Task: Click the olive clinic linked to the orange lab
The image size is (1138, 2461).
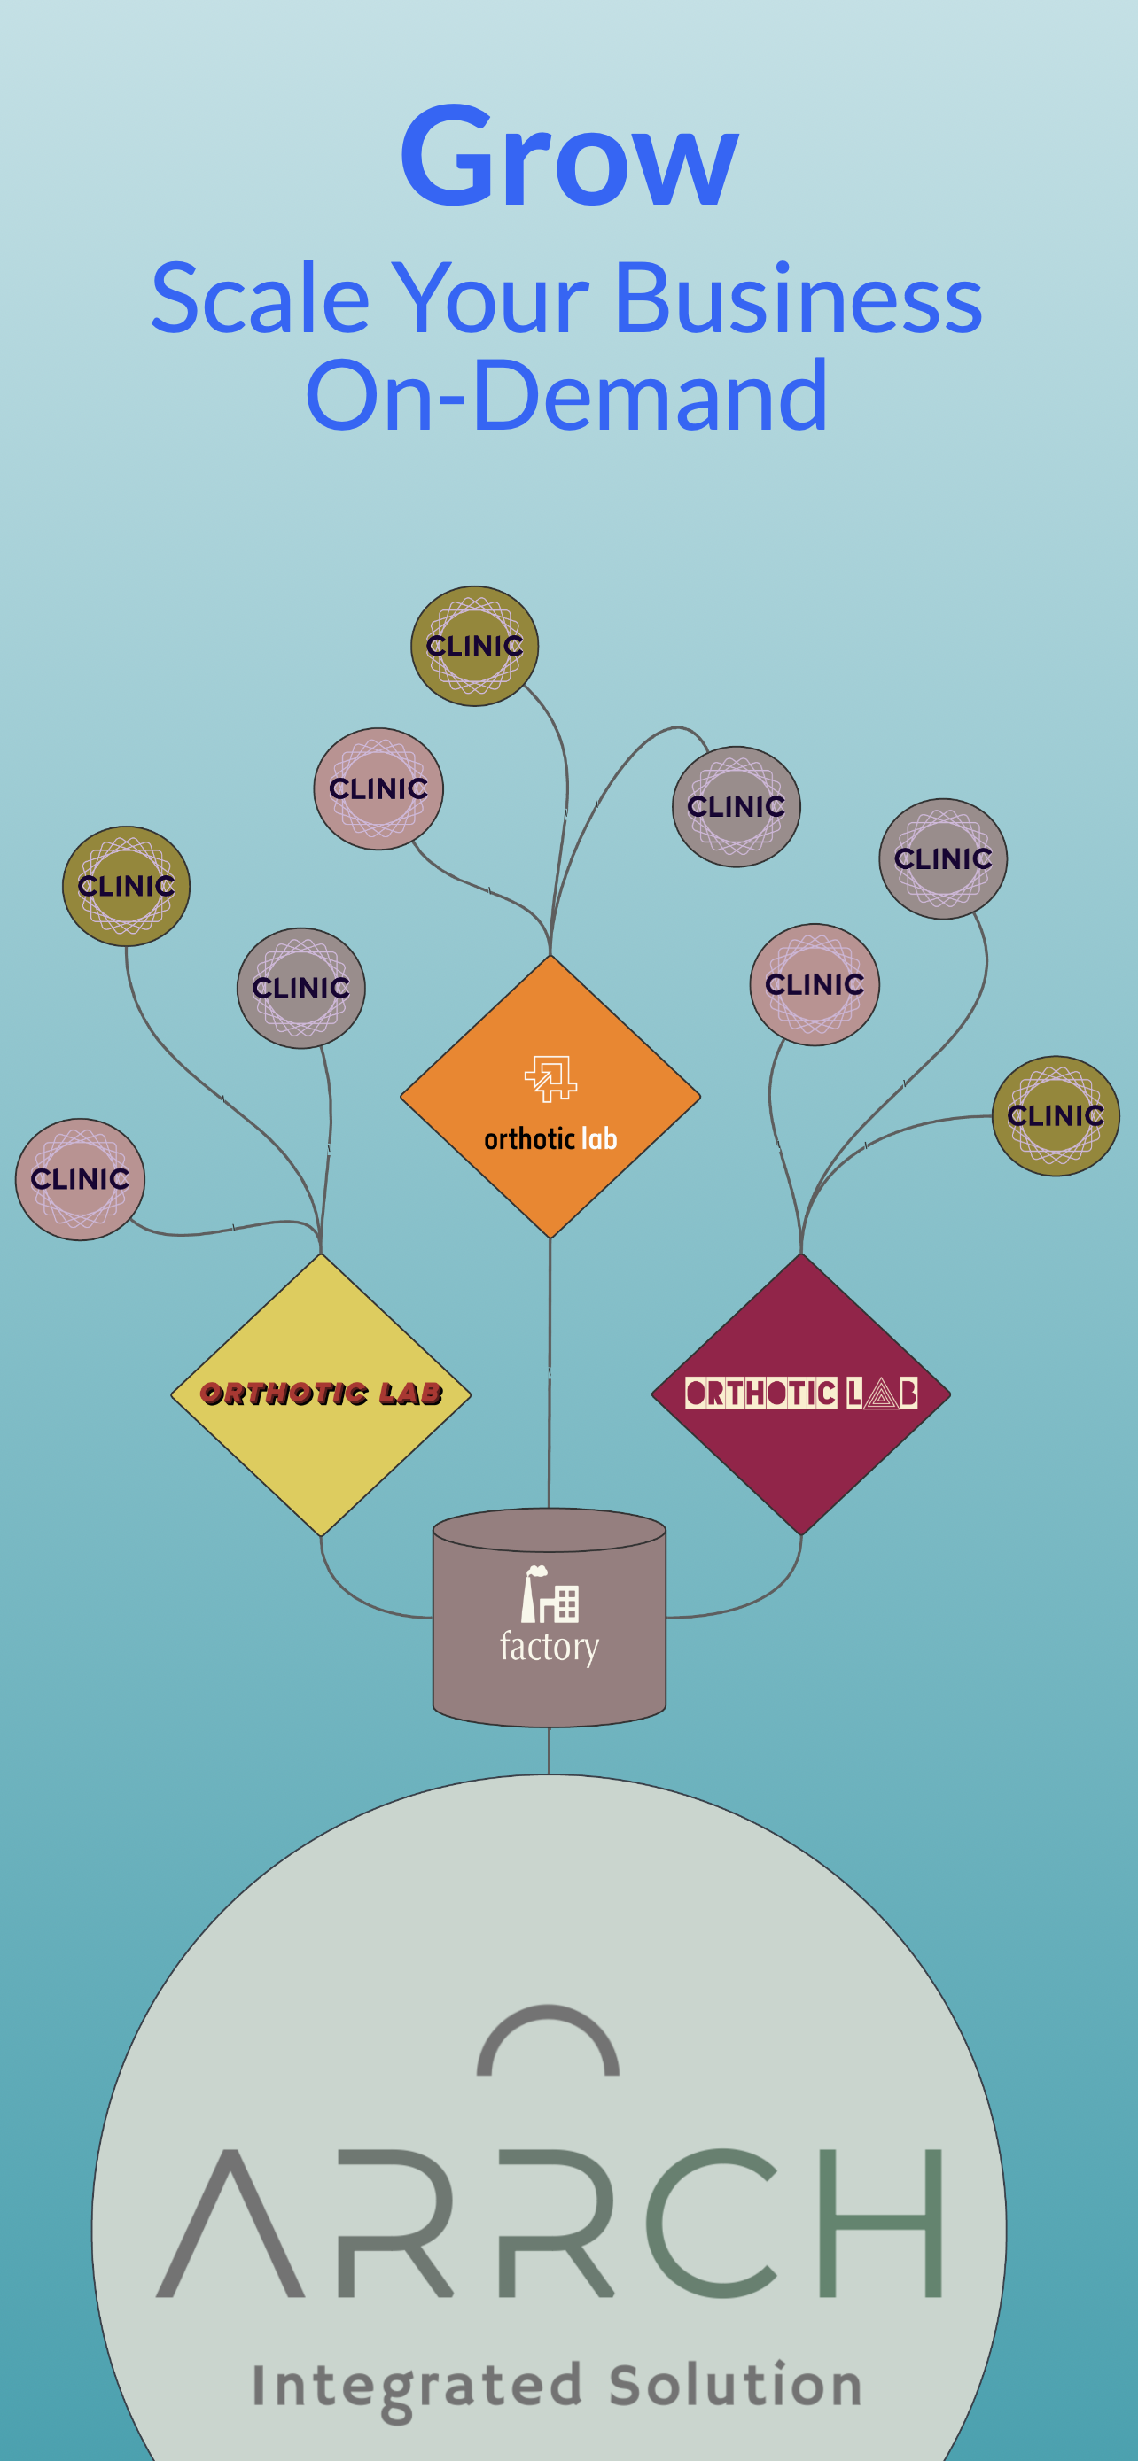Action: tap(474, 646)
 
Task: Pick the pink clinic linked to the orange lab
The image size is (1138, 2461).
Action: tap(378, 788)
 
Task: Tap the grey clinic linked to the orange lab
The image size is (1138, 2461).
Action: tap(736, 806)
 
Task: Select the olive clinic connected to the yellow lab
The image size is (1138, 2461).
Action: tap(126, 886)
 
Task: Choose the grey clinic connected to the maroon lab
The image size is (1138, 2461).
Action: tap(942, 858)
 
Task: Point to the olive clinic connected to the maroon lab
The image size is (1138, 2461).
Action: tap(1055, 1115)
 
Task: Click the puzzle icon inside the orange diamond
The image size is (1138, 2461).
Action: tap(550, 1079)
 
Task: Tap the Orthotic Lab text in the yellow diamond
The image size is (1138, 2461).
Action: tap(321, 1393)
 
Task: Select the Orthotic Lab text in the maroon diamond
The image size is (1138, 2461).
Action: tap(800, 1393)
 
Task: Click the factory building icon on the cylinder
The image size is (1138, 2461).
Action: tap(550, 1595)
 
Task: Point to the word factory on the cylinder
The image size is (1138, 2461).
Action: tap(550, 1647)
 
